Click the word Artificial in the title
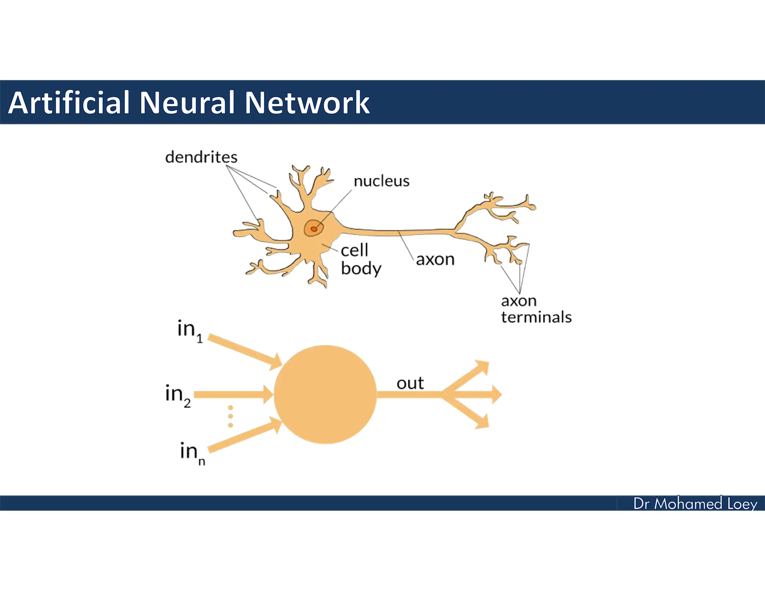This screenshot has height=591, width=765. [x=69, y=102]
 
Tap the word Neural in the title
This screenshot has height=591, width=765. [x=187, y=102]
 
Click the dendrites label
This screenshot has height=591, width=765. [x=201, y=157]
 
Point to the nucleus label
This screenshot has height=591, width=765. [x=381, y=181]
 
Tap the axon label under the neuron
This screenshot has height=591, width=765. [x=435, y=259]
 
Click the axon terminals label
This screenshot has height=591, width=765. [x=536, y=309]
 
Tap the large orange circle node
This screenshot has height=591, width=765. [x=325, y=394]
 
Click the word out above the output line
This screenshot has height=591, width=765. [x=410, y=383]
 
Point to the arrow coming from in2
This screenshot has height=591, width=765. [x=233, y=394]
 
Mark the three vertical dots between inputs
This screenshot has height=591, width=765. [x=230, y=416]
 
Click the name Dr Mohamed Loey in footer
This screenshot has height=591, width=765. [x=695, y=504]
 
